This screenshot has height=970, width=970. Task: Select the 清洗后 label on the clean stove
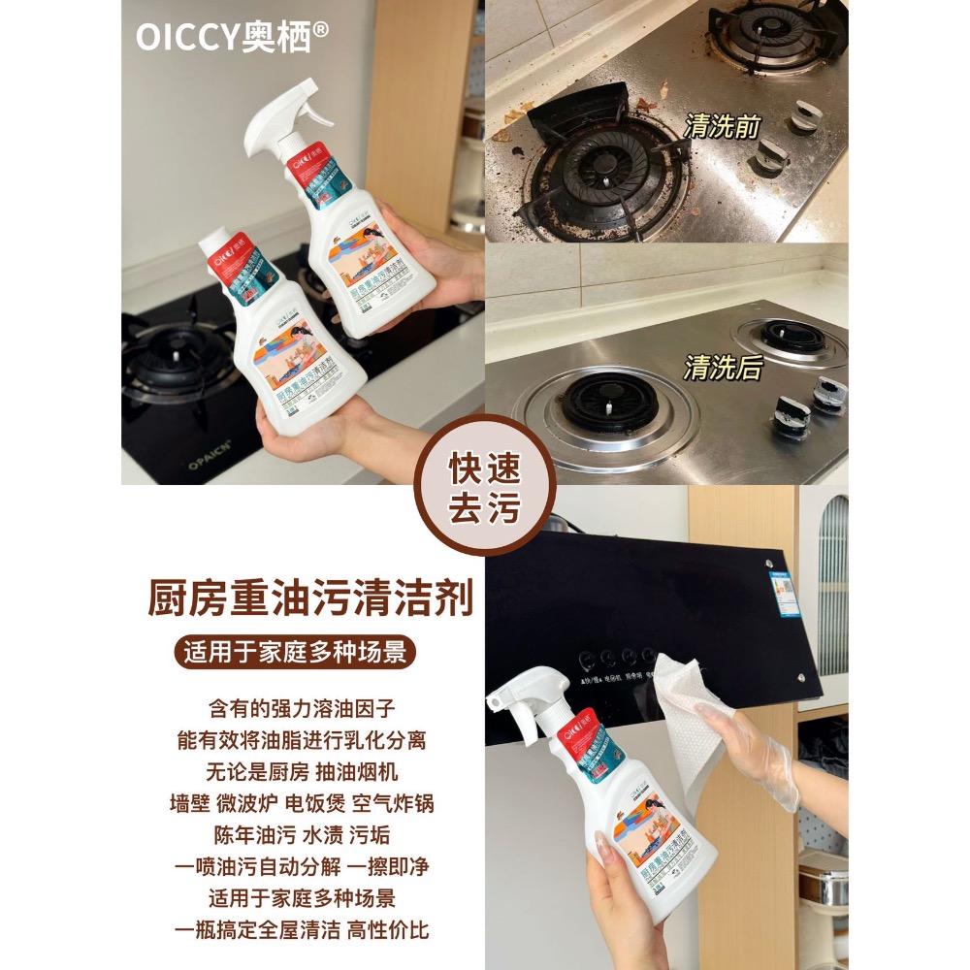[723, 368]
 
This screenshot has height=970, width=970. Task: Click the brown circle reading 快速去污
[484, 484]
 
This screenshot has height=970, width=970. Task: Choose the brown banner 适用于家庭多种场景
[300, 652]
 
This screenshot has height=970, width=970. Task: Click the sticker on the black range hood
[784, 591]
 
